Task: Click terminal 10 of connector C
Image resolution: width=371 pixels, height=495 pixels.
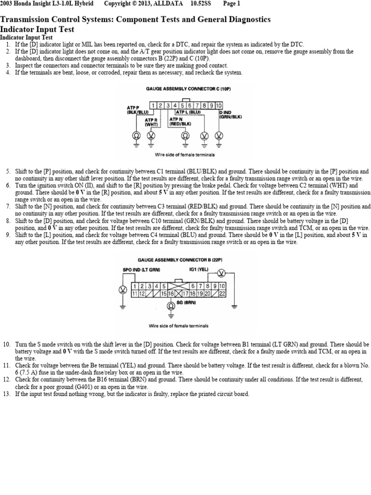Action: (x=219, y=105)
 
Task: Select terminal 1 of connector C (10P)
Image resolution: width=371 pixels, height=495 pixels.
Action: (x=152, y=105)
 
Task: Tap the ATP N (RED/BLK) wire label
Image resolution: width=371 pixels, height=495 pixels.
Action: (x=180, y=121)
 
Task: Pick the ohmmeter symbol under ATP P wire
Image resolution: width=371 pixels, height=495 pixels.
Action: (x=136, y=135)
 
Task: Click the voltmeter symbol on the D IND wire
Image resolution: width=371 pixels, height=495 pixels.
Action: (x=219, y=135)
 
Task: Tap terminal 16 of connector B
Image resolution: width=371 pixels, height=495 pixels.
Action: (x=171, y=293)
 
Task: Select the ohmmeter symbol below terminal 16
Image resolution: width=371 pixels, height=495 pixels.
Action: (x=171, y=306)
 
